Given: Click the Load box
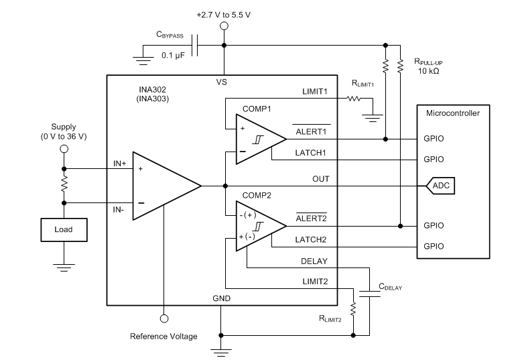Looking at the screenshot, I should click(63, 229).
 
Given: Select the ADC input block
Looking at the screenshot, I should click(441, 185).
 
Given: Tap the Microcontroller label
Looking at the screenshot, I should click(452, 113).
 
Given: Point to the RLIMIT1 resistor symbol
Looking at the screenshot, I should click(352, 99).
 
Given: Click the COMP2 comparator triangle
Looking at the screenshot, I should click(258, 226).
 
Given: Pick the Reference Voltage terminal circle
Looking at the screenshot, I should click(163, 318).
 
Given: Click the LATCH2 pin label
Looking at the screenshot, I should click(312, 239).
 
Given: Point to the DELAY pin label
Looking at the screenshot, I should click(314, 262).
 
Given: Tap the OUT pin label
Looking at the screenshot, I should click(320, 179).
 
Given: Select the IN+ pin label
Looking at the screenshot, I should click(119, 163).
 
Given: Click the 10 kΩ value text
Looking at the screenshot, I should click(428, 70).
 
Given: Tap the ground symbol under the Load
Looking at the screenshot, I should click(63, 267).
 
